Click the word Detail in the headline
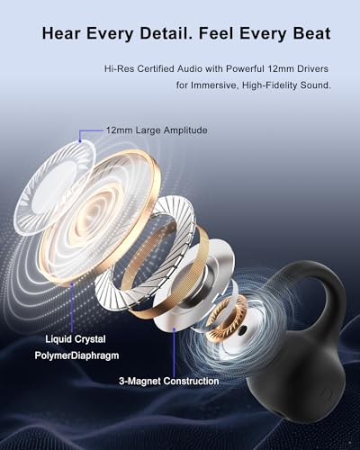165,33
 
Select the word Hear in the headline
61,33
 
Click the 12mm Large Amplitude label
157,130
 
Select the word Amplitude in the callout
185,130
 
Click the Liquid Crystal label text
76,339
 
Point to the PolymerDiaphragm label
76,355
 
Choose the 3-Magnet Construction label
169,382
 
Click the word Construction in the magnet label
192,382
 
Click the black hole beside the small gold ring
241,330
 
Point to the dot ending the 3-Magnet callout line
174,329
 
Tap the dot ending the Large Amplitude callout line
80,140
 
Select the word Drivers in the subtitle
312,68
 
